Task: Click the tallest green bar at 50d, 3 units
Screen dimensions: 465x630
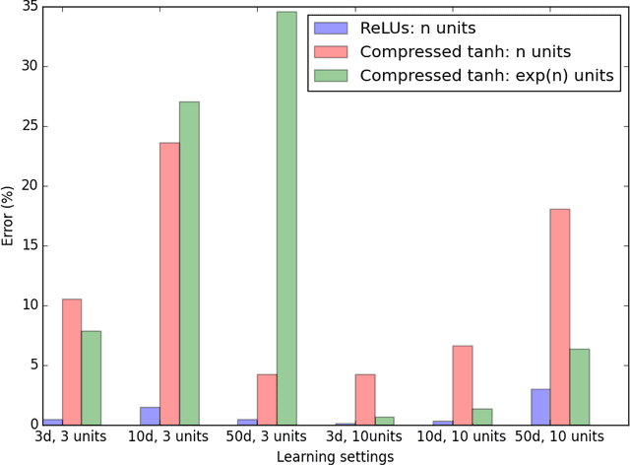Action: click(x=286, y=218)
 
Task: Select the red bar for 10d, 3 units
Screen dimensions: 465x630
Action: click(x=169, y=284)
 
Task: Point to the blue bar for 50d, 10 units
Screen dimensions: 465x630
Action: click(x=539, y=407)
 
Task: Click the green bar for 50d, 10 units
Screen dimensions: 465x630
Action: click(x=579, y=386)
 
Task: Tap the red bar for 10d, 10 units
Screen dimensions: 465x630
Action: click(x=462, y=385)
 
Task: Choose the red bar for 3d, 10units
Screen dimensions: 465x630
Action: click(x=364, y=399)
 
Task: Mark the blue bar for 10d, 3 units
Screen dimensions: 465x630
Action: click(x=150, y=416)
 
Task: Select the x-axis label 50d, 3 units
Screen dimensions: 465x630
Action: click(x=267, y=435)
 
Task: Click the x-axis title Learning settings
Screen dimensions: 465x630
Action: click(x=335, y=456)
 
